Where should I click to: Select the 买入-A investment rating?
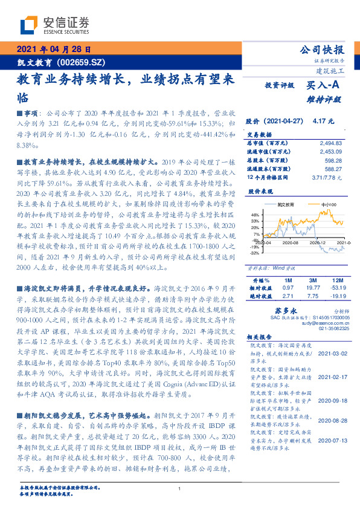pos(326,86)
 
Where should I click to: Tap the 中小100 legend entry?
pos(329,205)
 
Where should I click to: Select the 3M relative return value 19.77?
pos(313,288)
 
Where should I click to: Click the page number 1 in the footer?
pos(179,488)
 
